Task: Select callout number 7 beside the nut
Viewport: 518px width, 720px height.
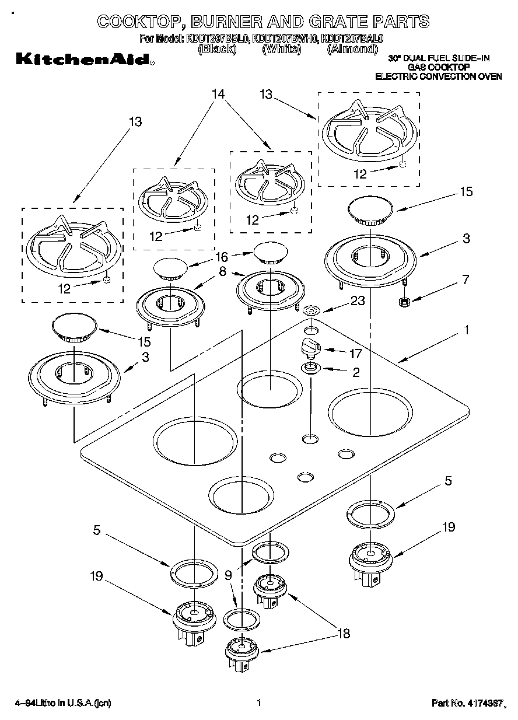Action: [x=465, y=279]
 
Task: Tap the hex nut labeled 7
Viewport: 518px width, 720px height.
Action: [x=402, y=302]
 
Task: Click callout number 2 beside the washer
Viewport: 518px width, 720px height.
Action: [x=356, y=371]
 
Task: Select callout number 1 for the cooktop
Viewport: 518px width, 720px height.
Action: [x=466, y=330]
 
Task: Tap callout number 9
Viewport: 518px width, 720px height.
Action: [x=228, y=575]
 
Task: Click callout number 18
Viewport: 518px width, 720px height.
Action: [x=344, y=634]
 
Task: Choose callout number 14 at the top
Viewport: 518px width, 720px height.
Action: [x=218, y=94]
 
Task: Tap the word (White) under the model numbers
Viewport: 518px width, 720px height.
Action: [x=282, y=50]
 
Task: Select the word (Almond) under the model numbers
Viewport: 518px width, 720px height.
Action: [x=352, y=50]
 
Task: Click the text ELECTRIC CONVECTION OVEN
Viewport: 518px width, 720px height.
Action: [x=438, y=76]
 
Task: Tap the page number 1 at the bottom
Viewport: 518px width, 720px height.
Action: [x=258, y=702]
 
